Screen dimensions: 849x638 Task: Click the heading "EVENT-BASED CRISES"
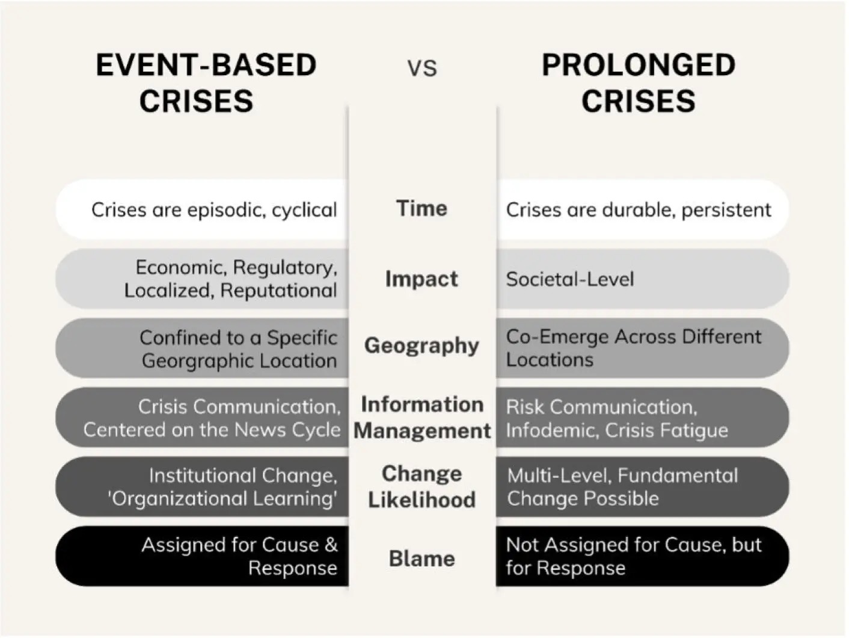pyautogui.click(x=206, y=83)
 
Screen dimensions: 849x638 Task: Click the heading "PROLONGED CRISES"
pyautogui.click(x=639, y=83)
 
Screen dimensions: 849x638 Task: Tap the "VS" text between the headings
pyautogui.click(x=422, y=69)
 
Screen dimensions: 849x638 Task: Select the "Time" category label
pyautogui.click(x=421, y=208)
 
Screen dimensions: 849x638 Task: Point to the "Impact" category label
pyautogui.click(x=421, y=279)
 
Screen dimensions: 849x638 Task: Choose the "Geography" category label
pyautogui.click(x=421, y=345)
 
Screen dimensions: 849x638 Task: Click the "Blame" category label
pyautogui.click(x=421, y=559)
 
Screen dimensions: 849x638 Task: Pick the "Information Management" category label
pyautogui.click(x=422, y=417)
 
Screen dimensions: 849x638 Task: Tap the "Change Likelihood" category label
pyautogui.click(x=421, y=486)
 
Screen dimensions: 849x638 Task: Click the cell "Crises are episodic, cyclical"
pyautogui.click(x=214, y=210)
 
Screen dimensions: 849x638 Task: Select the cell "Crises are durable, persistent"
pyautogui.click(x=639, y=210)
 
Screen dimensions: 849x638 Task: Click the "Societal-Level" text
pyautogui.click(x=570, y=279)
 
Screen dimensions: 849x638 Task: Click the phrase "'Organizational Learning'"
pyautogui.click(x=222, y=498)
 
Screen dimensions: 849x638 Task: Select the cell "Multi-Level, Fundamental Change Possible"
pyautogui.click(x=622, y=487)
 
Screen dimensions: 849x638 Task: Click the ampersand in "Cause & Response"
pyautogui.click(x=331, y=545)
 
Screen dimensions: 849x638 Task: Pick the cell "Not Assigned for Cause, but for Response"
pyautogui.click(x=634, y=556)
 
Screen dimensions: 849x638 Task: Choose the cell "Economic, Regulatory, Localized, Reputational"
pyautogui.click(x=230, y=279)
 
